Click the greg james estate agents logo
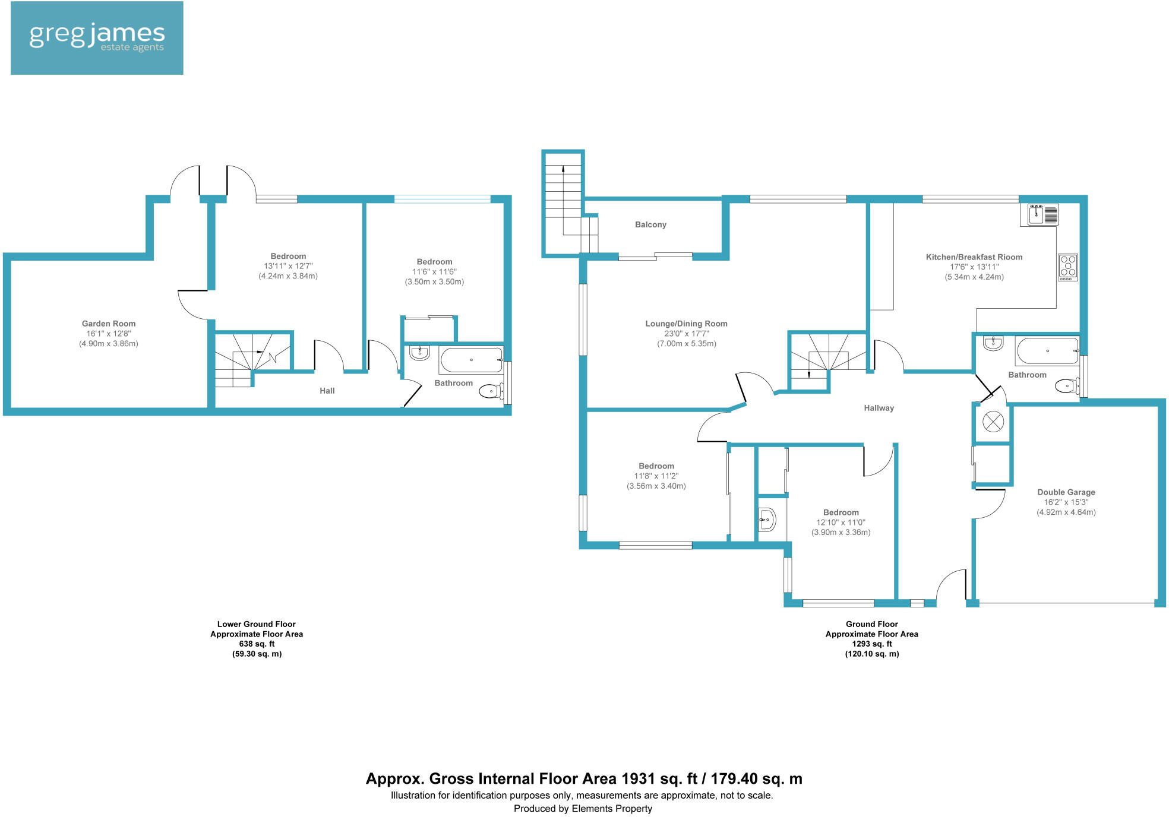pos(97,38)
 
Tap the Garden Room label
pos(109,324)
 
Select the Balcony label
pos(650,224)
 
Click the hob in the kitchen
pos(1068,267)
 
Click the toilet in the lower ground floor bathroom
pos(491,391)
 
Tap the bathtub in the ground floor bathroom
pos(1047,351)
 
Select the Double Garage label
pos(1066,492)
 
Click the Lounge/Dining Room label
pos(686,324)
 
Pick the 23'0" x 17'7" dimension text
pos(686,334)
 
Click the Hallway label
pos(879,408)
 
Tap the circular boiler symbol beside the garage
pos(993,422)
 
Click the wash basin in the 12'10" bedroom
pos(767,520)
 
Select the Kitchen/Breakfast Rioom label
pos(974,257)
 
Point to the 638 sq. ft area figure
pos(257,644)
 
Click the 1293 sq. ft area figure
pos(872,644)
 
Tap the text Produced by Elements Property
pos(583,808)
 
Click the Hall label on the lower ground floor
pos(327,391)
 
